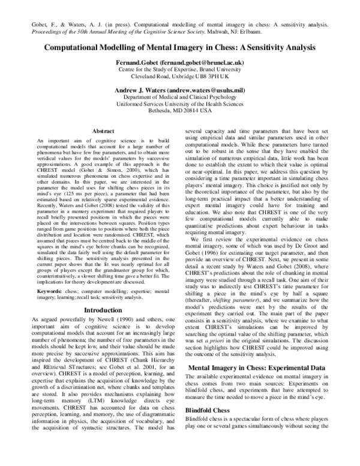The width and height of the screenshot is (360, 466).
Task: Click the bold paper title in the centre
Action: pyautogui.click(x=179, y=46)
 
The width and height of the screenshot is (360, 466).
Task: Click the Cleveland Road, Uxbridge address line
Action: pyautogui.click(x=180, y=77)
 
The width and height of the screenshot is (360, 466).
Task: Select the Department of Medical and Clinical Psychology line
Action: pyautogui.click(x=180, y=97)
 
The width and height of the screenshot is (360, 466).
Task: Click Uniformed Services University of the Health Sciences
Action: pyautogui.click(x=180, y=104)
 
